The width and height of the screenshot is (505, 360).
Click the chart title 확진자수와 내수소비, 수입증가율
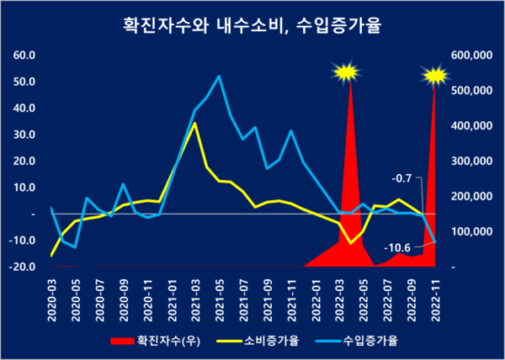(252, 26)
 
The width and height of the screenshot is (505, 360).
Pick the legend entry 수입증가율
(370, 341)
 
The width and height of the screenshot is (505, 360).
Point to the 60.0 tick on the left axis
(24, 56)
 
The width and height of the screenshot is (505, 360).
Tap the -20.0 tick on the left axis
(23, 267)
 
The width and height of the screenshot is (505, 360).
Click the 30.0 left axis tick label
(24, 135)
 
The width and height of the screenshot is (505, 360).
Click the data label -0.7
(401, 178)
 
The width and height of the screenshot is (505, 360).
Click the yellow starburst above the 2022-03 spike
(345, 73)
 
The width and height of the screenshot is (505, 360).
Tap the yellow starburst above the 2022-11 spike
(435, 76)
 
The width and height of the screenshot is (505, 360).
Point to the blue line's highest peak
(219, 77)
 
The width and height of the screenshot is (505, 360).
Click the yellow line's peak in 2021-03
(195, 124)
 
